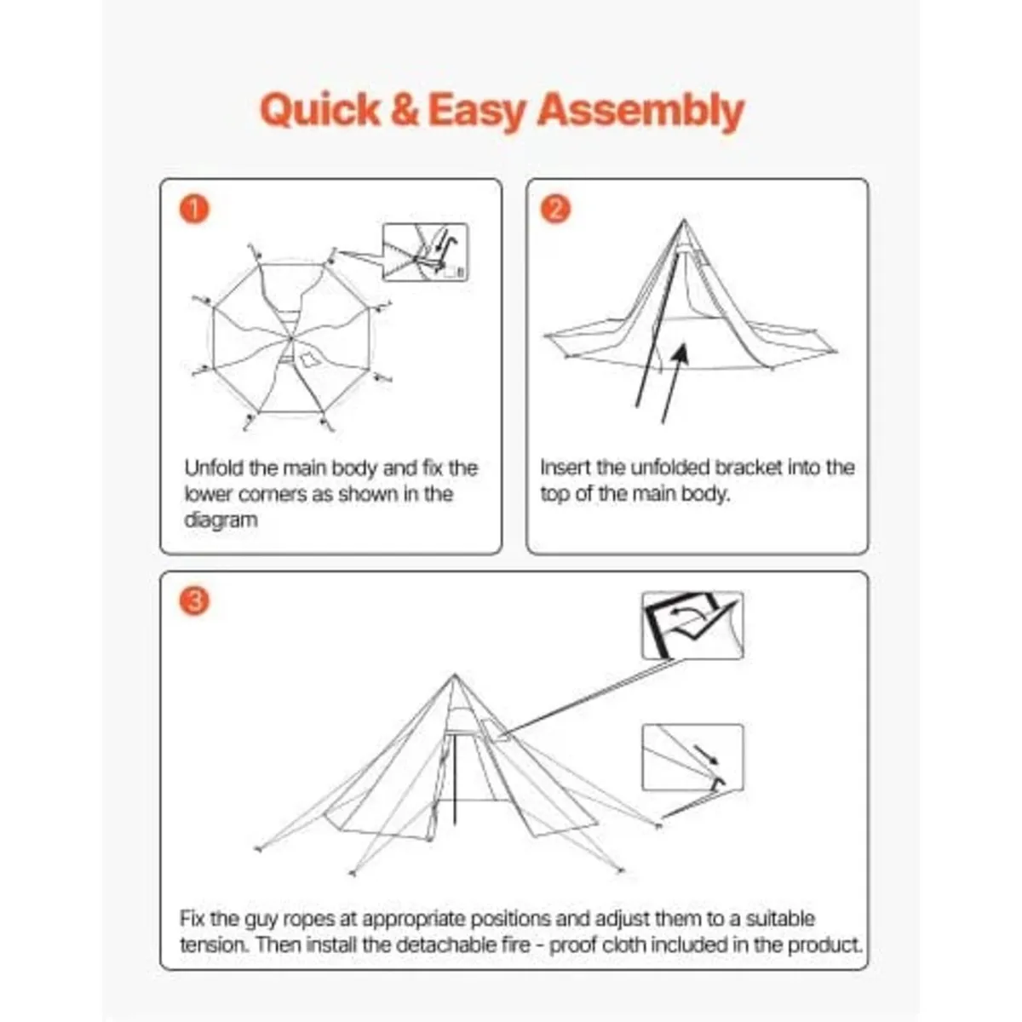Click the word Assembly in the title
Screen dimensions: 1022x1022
tap(640, 111)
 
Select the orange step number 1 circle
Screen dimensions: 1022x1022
tap(196, 210)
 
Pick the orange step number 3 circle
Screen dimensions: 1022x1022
tap(196, 601)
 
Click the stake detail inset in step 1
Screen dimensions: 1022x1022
tap(425, 252)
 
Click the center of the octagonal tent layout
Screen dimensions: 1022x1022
tap(292, 340)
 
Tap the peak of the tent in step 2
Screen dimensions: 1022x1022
tap(683, 222)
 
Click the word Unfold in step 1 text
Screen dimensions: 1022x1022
tap(215, 468)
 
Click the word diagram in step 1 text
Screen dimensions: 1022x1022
tap(221, 520)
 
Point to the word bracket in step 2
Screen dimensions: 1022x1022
tap(748, 468)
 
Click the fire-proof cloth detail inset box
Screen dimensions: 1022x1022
tap(692, 626)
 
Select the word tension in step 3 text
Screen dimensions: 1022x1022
tap(213, 945)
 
